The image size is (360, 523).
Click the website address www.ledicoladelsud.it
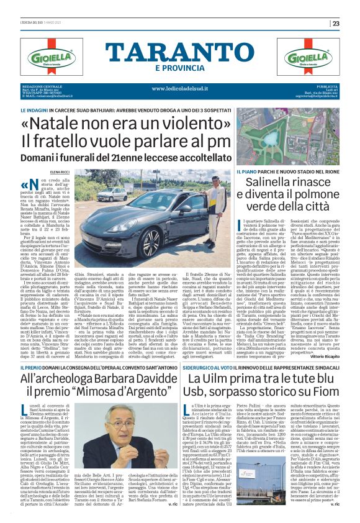pyautogui.click(x=179, y=88)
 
